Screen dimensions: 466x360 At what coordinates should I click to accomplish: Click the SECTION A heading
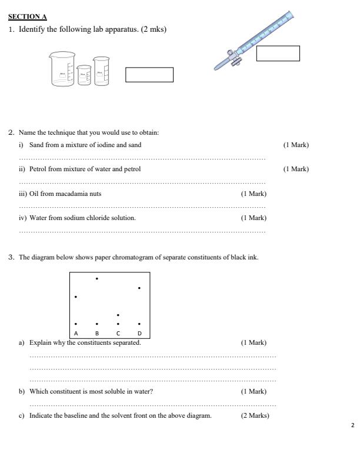(x=28, y=16)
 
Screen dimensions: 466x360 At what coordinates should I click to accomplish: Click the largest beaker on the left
(x=62, y=71)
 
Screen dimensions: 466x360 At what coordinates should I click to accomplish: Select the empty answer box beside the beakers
(x=149, y=75)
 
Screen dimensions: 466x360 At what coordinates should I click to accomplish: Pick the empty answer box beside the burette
(x=278, y=54)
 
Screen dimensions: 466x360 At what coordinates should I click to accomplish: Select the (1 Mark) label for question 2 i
(x=296, y=145)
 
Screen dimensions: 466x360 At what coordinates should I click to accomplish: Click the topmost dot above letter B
(x=97, y=278)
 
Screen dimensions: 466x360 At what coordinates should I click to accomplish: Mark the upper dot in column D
(x=139, y=288)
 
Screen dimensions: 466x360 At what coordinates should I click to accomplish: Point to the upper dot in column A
(x=76, y=297)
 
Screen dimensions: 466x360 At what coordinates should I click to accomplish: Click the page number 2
(x=352, y=425)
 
